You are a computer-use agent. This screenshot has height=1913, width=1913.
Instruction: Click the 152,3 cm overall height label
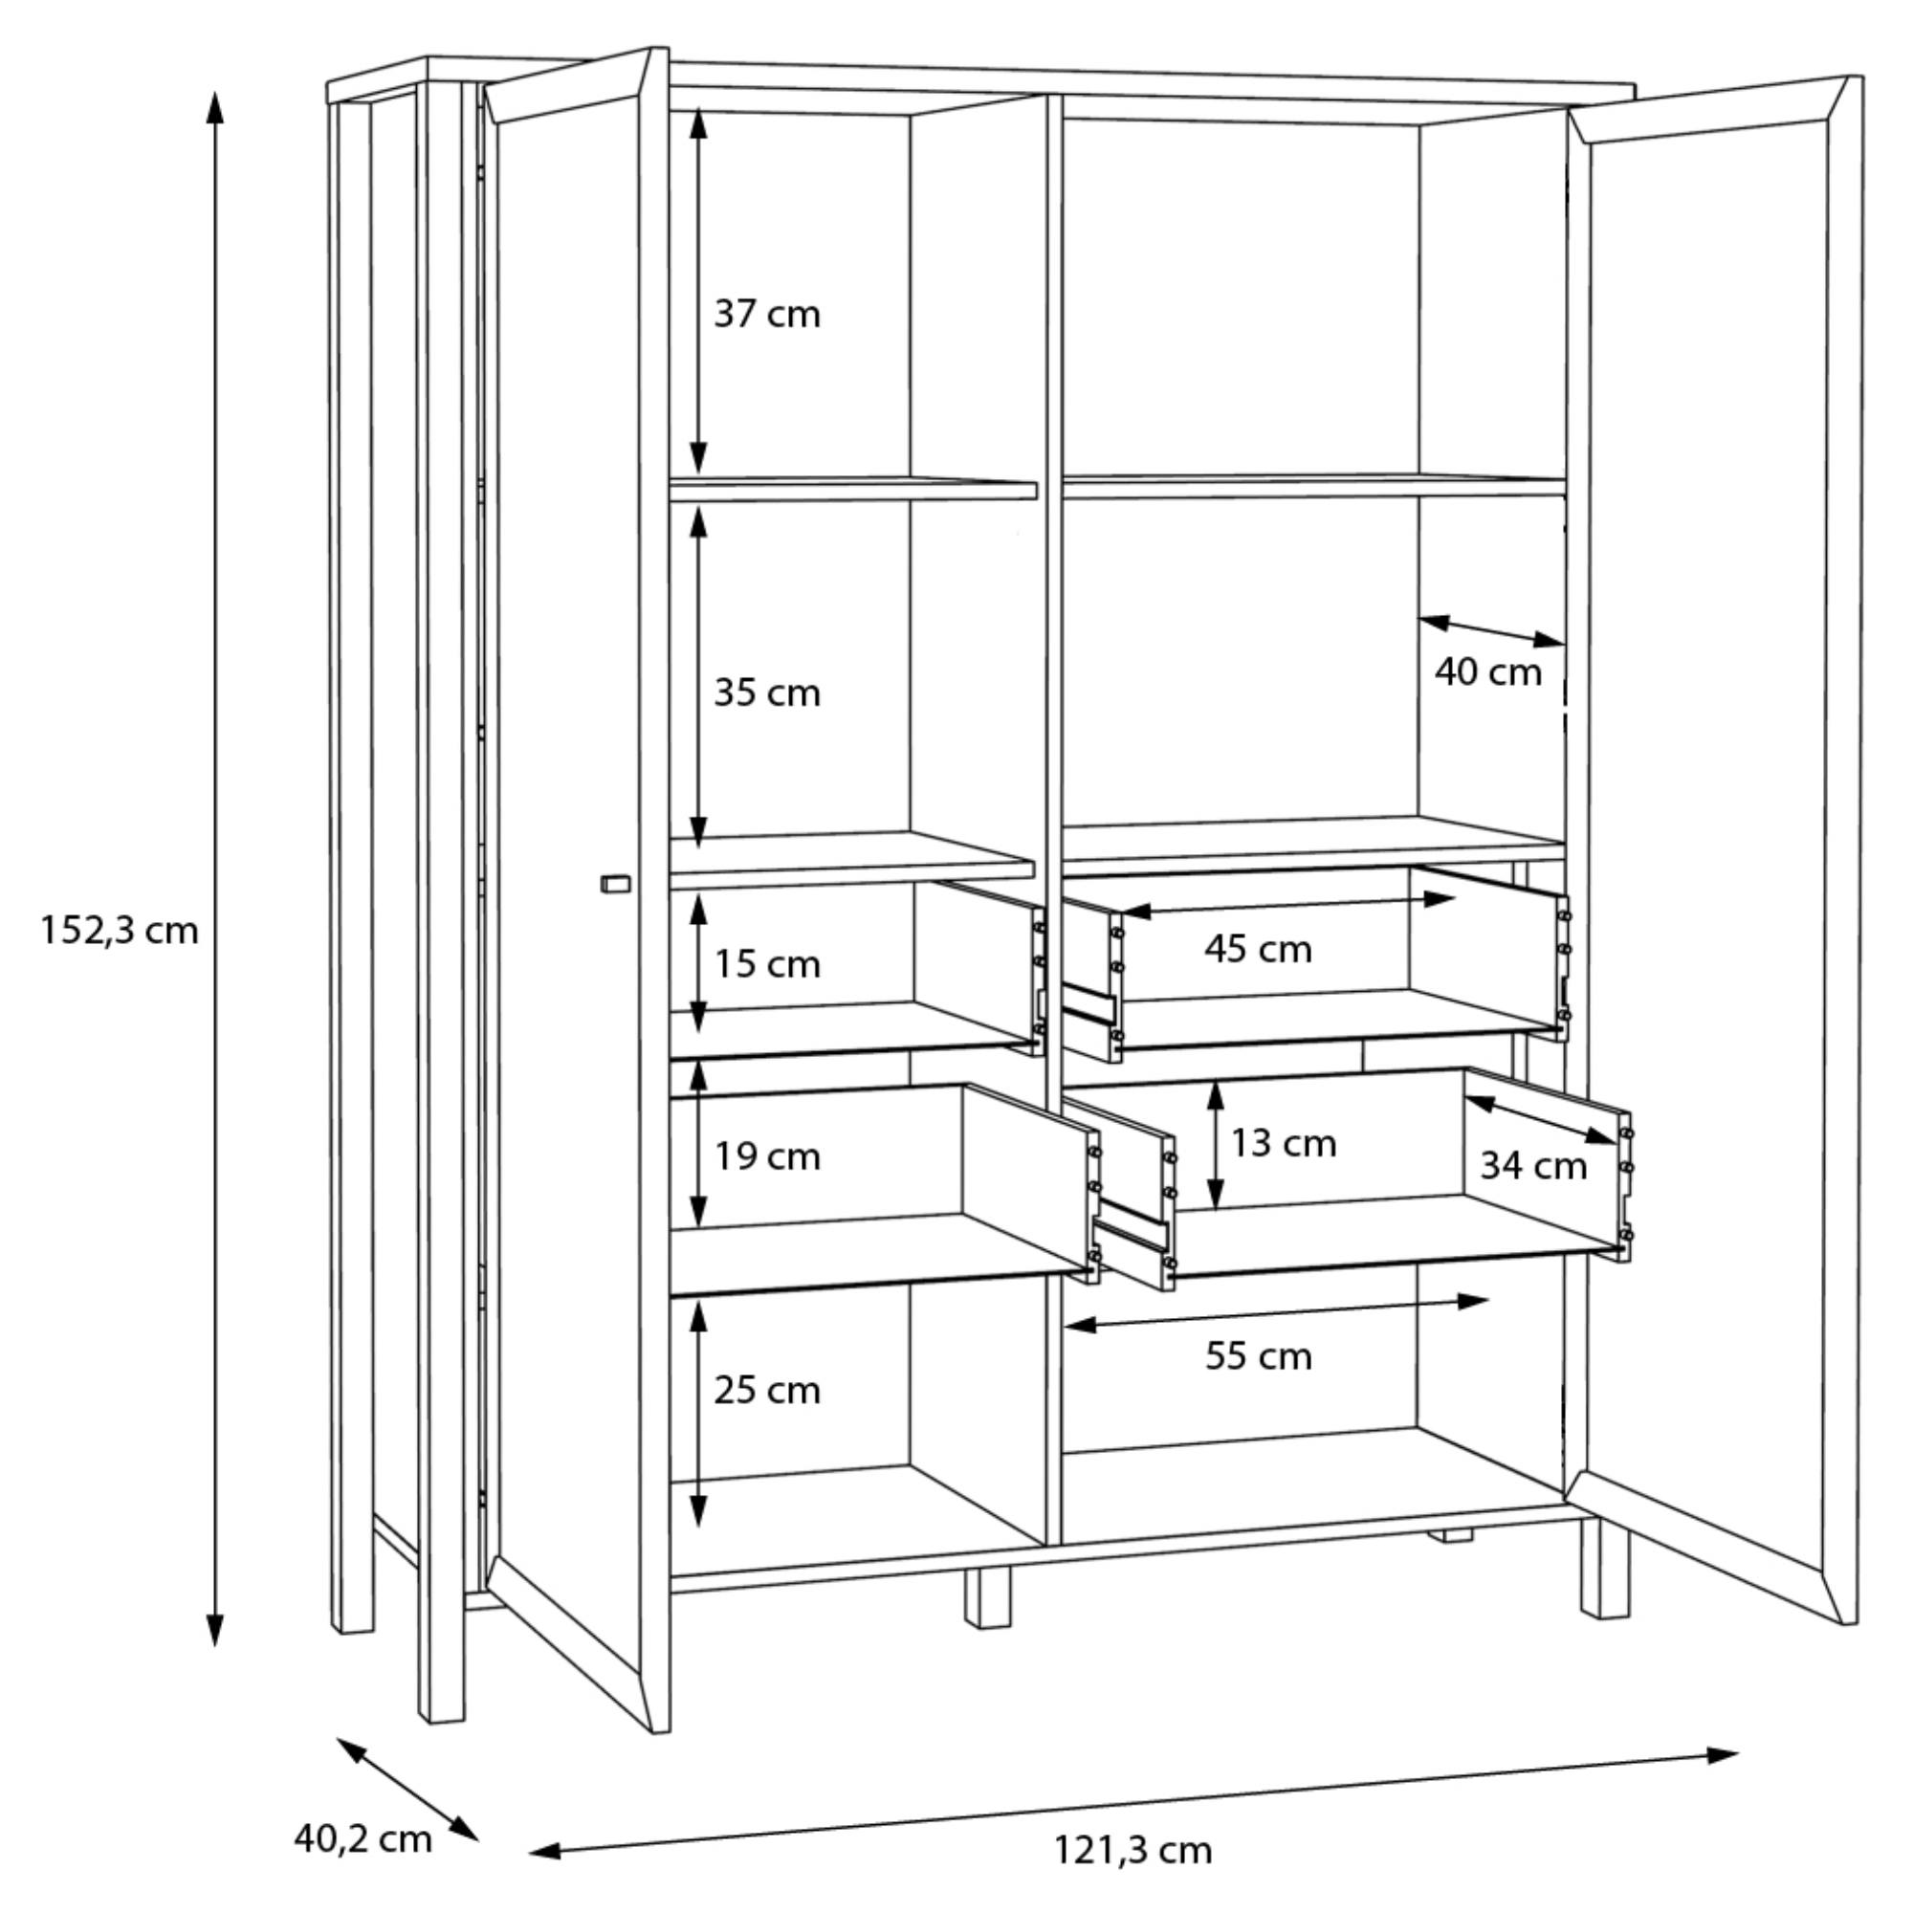119,932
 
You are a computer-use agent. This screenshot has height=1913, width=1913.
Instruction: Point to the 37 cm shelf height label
767,315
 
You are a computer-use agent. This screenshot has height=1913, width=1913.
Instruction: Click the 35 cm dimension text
767,693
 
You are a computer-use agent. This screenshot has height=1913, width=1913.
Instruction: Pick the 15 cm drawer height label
767,963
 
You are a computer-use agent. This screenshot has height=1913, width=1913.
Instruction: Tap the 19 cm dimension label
767,1155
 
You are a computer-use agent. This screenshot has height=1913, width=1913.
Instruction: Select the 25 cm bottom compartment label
767,1390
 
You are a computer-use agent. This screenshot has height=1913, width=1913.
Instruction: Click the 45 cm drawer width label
1259,950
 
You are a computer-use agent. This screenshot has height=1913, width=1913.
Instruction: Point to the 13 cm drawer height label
1284,1144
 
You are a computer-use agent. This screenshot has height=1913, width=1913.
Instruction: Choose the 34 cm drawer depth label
1532,1166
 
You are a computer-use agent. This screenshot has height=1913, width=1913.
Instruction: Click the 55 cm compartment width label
1259,1355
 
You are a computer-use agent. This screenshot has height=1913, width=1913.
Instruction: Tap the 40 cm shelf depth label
1488,672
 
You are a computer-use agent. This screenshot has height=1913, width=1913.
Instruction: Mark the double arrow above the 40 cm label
1491,630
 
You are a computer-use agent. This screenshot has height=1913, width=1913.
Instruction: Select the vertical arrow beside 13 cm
1216,1145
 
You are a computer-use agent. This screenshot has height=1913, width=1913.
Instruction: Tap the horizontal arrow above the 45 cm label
1287,905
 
